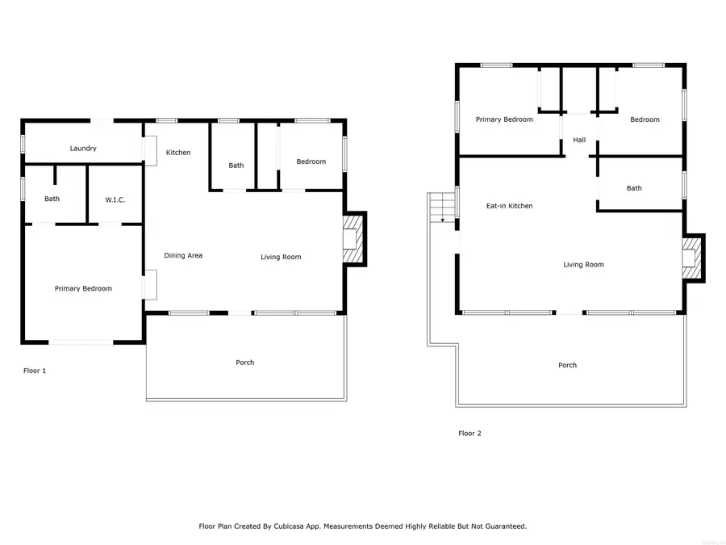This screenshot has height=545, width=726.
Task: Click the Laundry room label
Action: tap(83, 149)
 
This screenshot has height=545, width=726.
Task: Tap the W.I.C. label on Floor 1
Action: tap(115, 199)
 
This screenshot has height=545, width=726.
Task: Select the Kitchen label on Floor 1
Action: tap(178, 153)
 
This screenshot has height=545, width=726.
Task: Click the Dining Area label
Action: tap(183, 256)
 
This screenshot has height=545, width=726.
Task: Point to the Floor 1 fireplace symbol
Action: tap(353, 240)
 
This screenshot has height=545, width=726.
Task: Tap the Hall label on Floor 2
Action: tap(579, 140)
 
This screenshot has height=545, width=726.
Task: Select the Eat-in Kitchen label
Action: tap(509, 206)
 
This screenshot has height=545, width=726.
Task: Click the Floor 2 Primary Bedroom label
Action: tap(504, 119)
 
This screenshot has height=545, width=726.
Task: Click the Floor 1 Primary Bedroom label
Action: tap(83, 288)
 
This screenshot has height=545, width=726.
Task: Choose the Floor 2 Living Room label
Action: tap(583, 265)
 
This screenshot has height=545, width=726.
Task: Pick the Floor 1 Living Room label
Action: tap(281, 258)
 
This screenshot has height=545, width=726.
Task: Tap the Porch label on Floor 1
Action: tap(245, 363)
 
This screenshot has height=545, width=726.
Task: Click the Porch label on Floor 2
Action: tap(567, 365)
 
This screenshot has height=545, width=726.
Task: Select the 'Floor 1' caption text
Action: tap(35, 371)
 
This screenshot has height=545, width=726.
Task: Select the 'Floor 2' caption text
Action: tap(469, 434)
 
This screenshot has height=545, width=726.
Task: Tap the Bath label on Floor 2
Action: tap(634, 188)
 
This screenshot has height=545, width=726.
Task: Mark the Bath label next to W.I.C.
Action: tap(52, 199)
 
